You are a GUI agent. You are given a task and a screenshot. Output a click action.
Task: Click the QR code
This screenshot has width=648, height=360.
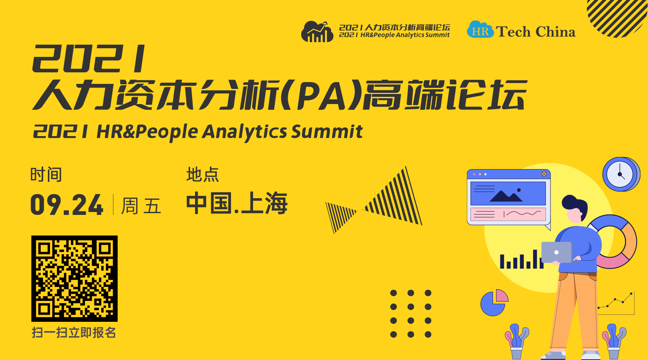point(75,279)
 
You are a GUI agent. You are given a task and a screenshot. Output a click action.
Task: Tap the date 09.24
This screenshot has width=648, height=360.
point(67,205)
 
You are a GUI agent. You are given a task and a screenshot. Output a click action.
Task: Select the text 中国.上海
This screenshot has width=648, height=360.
point(237,203)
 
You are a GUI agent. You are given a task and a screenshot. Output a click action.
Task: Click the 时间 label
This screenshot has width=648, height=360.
point(46,175)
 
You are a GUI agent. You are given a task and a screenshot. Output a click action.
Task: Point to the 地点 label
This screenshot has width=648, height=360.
point(202,175)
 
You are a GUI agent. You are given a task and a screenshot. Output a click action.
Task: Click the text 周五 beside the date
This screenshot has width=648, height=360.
point(141,206)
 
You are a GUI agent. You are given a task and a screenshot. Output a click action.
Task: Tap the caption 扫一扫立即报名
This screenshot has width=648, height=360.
point(74,333)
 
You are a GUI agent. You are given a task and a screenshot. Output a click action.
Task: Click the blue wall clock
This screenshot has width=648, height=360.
point(621,174)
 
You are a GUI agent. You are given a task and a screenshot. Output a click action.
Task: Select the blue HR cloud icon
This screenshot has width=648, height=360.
point(480,30)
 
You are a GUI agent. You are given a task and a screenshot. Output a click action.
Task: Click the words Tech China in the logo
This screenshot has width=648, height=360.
point(536,32)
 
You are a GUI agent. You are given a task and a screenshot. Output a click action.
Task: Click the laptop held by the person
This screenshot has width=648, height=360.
point(557,252)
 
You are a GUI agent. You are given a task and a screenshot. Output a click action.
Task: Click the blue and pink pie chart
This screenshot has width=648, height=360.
point(494,303)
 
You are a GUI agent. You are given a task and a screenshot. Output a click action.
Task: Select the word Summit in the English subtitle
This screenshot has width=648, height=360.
point(327,131)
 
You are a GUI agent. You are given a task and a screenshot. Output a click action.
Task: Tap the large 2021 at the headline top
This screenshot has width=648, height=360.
point(89,59)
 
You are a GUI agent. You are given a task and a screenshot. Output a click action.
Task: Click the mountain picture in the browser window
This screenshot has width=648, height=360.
point(508,194)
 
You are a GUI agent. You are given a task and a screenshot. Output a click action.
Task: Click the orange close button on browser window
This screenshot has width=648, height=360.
point(544,174)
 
